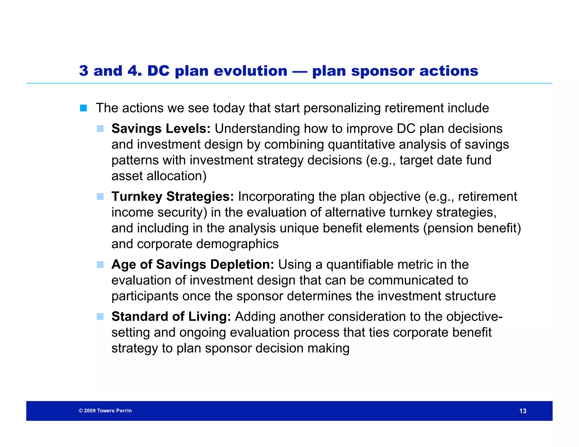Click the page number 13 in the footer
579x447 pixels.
[x=523, y=411]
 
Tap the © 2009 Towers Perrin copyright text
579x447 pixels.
[x=105, y=411]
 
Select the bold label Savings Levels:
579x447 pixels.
[x=161, y=129]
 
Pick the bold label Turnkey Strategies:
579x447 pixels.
[x=172, y=196]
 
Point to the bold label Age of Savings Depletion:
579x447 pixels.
[x=193, y=264]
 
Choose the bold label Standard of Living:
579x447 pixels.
[x=171, y=316]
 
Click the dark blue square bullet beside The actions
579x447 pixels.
[x=83, y=108]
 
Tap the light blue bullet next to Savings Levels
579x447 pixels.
[x=100, y=129]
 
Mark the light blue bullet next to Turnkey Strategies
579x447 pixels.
[x=100, y=197]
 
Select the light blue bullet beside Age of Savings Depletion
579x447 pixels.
[x=100, y=265]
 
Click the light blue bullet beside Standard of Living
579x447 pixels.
[x=100, y=317]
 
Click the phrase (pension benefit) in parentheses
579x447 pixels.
[x=472, y=228]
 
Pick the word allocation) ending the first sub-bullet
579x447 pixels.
[x=177, y=176]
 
